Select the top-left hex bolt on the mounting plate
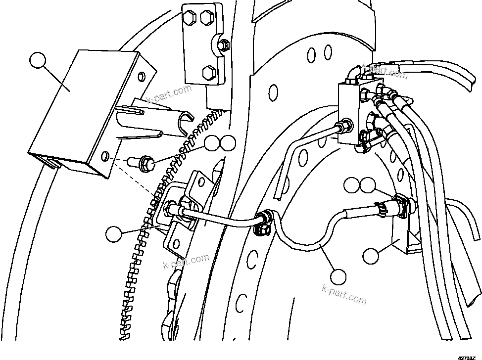(190, 19)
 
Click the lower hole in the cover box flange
(105, 158)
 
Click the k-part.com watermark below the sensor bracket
(186, 262)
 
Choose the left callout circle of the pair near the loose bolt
(212, 144)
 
